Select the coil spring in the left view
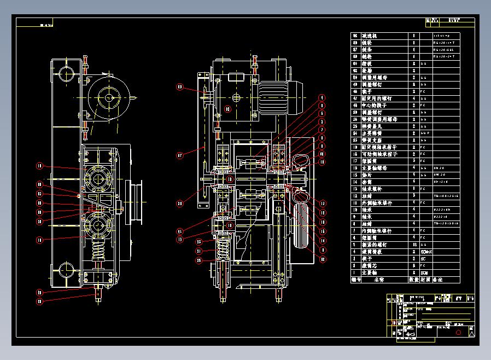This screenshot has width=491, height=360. [99, 254]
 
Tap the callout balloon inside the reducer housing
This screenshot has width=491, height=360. [229, 108]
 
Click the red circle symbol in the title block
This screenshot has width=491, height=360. [458, 332]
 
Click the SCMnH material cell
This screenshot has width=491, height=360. [426, 252]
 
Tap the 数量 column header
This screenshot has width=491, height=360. [414, 280]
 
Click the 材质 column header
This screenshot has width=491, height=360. [425, 280]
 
